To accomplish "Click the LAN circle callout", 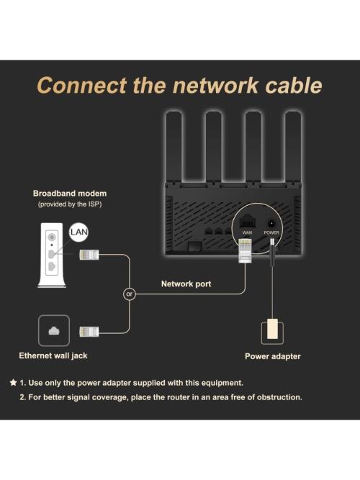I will point(78,232).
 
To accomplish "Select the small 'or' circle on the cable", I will point(130,293).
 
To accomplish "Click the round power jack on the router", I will point(271,223).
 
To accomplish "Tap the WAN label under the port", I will point(247,233).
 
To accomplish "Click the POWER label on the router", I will point(271,233).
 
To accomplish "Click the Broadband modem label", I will point(70,194).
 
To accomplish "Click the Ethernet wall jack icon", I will point(54,330).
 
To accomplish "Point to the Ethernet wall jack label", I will point(54,356).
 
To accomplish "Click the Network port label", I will point(186,284).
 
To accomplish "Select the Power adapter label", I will point(273,356).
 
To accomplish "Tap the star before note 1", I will point(13,382).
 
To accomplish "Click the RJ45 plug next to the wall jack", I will point(90,331).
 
